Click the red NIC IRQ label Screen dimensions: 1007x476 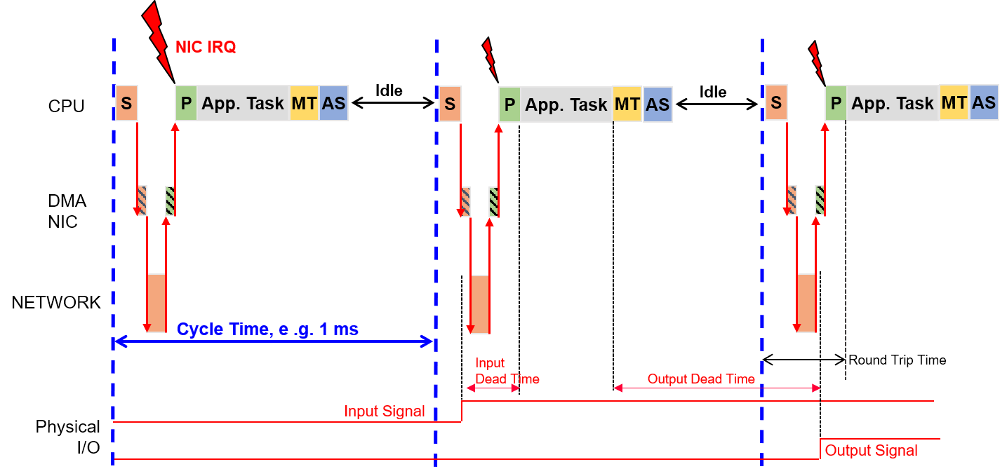(x=206, y=47)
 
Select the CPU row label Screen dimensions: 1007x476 (x=66, y=106)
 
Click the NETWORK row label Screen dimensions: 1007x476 (x=55, y=303)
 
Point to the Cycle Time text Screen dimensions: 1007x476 (x=267, y=329)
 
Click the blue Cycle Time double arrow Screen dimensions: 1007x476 (x=274, y=341)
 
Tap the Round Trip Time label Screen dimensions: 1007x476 (x=898, y=360)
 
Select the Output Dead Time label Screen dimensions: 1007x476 (x=701, y=379)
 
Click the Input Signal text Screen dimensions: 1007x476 (x=385, y=412)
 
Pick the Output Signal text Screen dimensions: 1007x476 (x=872, y=450)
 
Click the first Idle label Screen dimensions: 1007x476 (x=389, y=90)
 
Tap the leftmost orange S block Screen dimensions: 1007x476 (x=127, y=103)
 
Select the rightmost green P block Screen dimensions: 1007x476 (x=836, y=103)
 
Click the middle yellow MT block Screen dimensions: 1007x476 (x=627, y=104)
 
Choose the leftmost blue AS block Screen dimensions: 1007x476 (x=333, y=103)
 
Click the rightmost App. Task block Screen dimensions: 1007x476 (x=893, y=103)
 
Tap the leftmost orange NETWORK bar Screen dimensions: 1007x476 (x=156, y=303)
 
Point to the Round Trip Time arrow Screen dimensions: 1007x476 (x=803, y=360)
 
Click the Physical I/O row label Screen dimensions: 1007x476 (x=67, y=437)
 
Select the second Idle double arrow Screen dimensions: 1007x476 (x=717, y=104)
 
